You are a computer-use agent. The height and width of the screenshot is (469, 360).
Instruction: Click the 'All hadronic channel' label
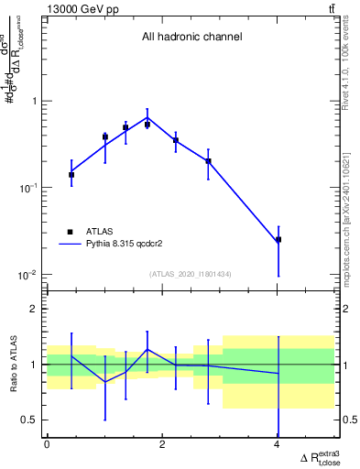[x=191, y=38]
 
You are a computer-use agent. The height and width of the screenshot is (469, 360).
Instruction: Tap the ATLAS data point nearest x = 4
[x=278, y=239]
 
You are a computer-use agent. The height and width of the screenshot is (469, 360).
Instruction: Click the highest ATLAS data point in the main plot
[x=147, y=125]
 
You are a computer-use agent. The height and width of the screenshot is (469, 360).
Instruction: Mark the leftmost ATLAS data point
[x=71, y=174]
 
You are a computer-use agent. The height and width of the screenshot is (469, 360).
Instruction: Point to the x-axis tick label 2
[x=162, y=444]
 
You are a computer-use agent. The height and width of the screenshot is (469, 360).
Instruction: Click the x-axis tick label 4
[x=278, y=444]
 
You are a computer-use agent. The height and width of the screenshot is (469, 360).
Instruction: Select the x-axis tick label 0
[x=47, y=444]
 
